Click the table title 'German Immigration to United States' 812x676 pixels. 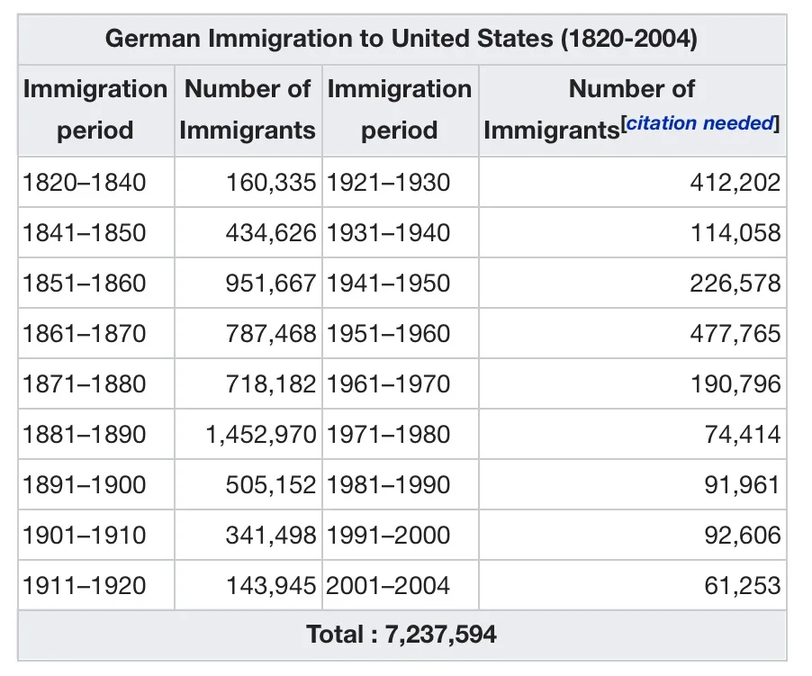tap(329, 39)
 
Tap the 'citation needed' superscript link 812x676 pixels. tap(700, 123)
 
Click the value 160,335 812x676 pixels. tap(271, 182)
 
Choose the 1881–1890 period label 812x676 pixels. tap(85, 434)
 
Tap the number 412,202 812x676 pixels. tap(735, 182)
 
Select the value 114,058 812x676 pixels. tap(735, 233)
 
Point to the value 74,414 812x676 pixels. tap(742, 434)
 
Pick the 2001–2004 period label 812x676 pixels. tap(388, 585)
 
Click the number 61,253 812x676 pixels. tap(742, 585)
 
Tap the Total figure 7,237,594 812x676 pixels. tap(441, 635)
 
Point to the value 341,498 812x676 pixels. tap(271, 536)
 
